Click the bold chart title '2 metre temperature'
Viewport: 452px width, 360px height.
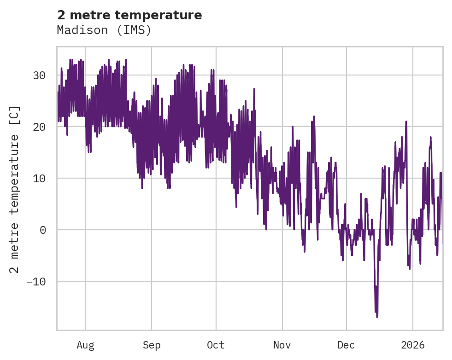coord(129,15)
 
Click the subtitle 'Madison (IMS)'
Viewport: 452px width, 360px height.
coord(104,30)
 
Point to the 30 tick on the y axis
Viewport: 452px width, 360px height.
coord(40,75)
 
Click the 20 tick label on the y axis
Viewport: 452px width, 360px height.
coord(40,127)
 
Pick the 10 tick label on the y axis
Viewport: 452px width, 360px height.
coord(40,178)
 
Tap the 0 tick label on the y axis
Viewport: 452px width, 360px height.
coord(43,230)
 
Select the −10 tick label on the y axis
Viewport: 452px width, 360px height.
coord(37,281)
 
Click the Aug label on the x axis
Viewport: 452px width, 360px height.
coord(86,345)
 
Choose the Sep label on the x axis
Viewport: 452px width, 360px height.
coord(152,345)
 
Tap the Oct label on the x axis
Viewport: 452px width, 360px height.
coord(216,345)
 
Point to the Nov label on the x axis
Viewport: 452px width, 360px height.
coord(282,345)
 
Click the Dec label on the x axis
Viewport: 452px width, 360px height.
coord(346,345)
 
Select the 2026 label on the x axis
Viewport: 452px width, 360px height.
coord(412,345)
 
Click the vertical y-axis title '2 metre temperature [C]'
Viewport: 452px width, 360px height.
coord(15,189)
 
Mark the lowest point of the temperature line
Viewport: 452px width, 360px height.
coord(377,317)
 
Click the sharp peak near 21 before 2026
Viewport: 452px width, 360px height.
coord(406,122)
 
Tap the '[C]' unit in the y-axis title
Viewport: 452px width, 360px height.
coord(15,115)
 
